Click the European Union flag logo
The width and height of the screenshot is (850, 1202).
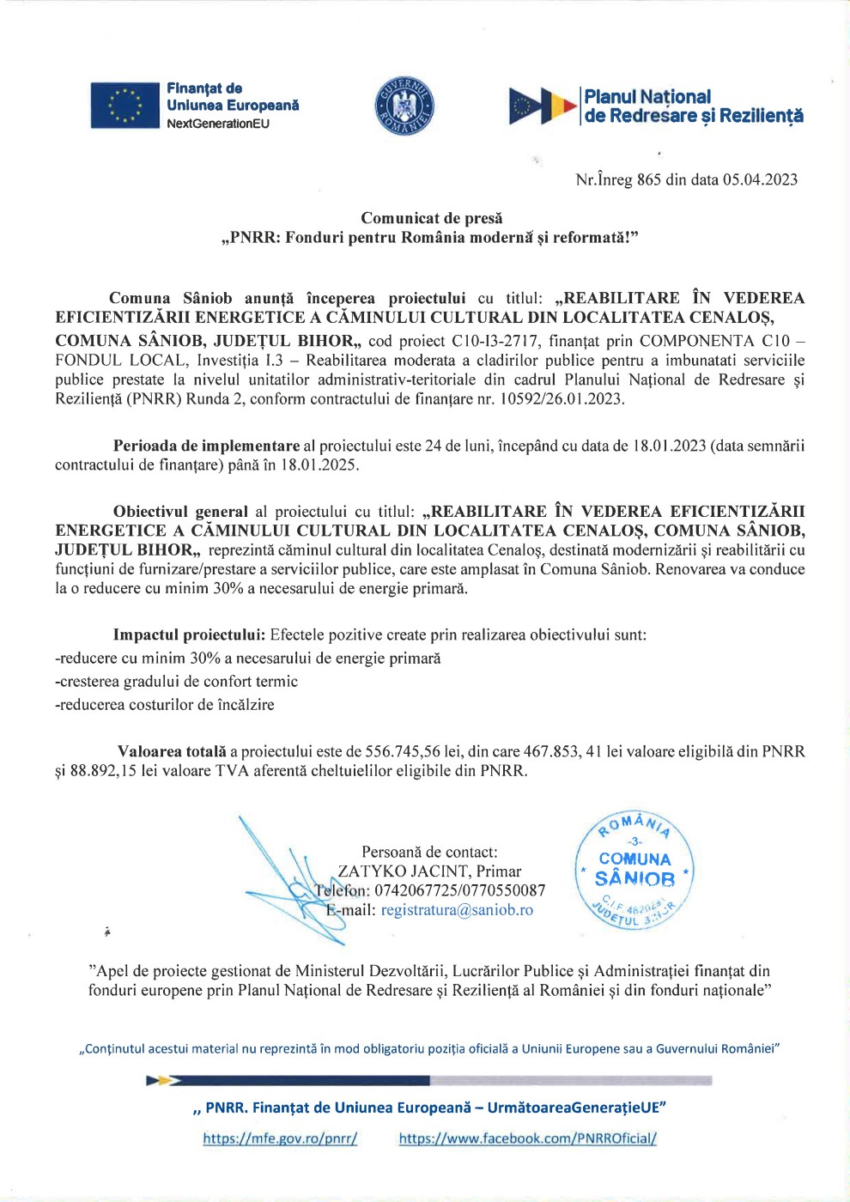pos(125,106)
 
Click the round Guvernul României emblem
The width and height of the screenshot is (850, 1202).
pos(404,107)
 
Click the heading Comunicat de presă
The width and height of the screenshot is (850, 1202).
pos(431,218)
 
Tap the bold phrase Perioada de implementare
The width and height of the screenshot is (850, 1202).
pos(206,446)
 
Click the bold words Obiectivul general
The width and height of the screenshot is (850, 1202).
pos(180,512)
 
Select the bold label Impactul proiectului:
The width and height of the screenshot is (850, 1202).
pos(189,635)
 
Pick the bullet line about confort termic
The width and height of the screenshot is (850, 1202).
pos(176,682)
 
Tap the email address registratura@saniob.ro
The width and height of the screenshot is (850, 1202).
pos(457,910)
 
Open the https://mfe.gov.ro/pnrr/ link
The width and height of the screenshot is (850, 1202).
pos(280,1138)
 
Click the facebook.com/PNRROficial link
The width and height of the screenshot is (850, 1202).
pos(527,1138)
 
